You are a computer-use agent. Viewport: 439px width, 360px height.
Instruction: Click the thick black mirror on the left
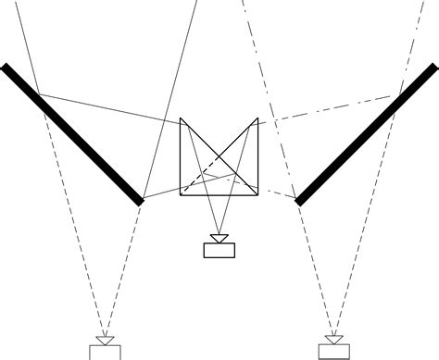pyautogui.click(x=73, y=133)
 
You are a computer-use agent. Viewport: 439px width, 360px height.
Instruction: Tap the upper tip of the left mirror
pyautogui.click(x=6, y=67)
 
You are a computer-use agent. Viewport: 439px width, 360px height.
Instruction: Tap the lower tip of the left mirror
pyautogui.click(x=141, y=200)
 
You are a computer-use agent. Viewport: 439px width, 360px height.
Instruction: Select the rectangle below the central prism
pyautogui.click(x=219, y=250)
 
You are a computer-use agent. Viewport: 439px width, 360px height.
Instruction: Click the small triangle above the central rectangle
pyautogui.click(x=219, y=239)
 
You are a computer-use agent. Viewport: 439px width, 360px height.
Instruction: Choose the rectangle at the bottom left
pyautogui.click(x=105, y=352)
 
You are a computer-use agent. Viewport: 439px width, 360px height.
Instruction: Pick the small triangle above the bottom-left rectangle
pyautogui.click(x=105, y=341)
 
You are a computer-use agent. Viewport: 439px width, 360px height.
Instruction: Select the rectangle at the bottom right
pyautogui.click(x=334, y=351)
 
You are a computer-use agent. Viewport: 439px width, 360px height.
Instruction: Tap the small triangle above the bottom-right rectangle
pyautogui.click(x=334, y=339)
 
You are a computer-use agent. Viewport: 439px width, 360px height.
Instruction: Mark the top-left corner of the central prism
pyautogui.click(x=180, y=119)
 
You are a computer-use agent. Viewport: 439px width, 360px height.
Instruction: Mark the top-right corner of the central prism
pyautogui.click(x=257, y=119)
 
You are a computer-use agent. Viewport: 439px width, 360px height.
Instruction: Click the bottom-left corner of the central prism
pyautogui.click(x=180, y=195)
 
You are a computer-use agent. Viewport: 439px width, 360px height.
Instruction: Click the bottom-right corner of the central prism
pyautogui.click(x=257, y=195)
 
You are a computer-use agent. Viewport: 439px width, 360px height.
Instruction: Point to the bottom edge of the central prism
pyautogui.click(x=218, y=195)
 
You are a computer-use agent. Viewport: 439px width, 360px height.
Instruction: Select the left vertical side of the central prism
pyautogui.click(x=180, y=157)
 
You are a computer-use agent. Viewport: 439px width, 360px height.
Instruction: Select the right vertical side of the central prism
pyautogui.click(x=257, y=157)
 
